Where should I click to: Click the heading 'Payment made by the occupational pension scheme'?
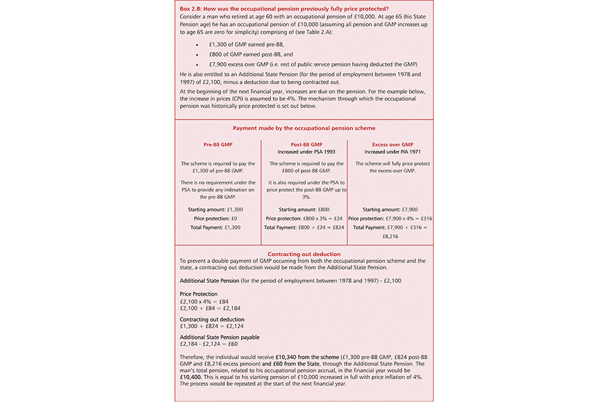point(304,127)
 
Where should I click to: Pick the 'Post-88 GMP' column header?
point(304,144)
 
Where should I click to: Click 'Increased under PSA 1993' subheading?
point(304,152)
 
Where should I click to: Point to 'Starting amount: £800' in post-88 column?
point(304,209)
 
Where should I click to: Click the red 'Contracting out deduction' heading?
point(304,254)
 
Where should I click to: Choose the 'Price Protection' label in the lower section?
point(199,294)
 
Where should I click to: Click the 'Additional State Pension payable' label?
point(220,337)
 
